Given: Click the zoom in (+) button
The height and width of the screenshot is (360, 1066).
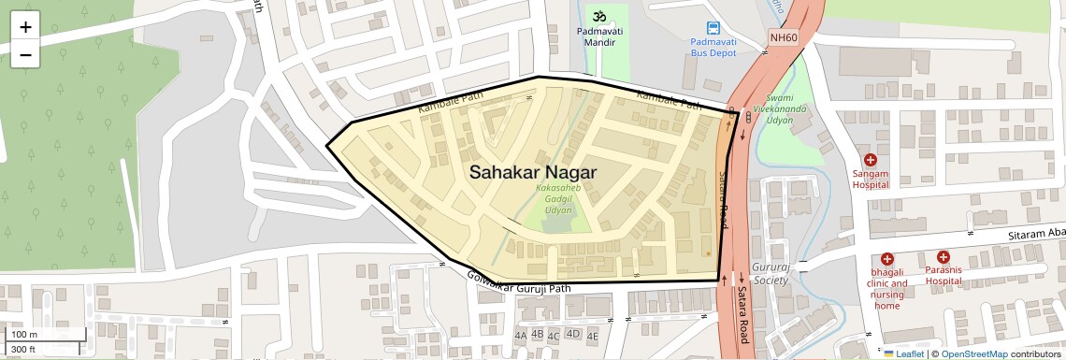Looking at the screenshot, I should coord(25,27).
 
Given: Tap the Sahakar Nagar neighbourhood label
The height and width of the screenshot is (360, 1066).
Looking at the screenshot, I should coord(532,172).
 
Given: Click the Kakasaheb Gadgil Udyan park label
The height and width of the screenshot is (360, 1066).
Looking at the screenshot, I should coord(564,198).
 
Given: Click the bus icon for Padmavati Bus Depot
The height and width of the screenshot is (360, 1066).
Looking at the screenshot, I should coord(713,27).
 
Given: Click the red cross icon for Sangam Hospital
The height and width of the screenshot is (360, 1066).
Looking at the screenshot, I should coord(870,160).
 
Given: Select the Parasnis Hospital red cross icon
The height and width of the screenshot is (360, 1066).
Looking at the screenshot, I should coord(944,256).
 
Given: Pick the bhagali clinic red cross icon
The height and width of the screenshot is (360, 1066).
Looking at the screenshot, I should coord(886,258).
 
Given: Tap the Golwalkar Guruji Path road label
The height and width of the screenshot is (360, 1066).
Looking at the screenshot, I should coord(518,281).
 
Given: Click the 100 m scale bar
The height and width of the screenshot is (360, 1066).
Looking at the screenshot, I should coord(37,334).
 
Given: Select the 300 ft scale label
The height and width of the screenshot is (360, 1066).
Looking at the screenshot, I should coord(23,350).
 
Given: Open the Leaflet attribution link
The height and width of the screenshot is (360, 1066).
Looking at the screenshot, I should coord(903,353).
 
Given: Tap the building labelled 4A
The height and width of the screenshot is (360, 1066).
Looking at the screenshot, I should coord(521,335).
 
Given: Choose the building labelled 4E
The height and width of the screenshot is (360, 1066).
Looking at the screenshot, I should coord(592,335).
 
